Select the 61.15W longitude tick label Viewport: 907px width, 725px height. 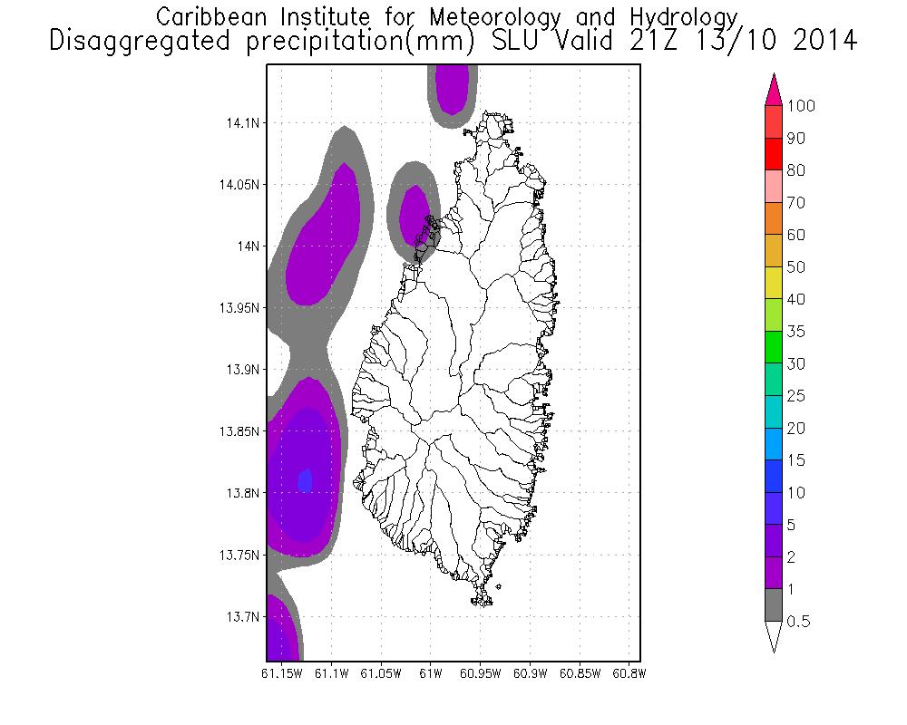tap(279, 674)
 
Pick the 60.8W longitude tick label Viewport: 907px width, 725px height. tap(629, 674)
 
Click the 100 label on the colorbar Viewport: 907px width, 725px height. tap(802, 106)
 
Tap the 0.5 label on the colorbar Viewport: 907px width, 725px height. tap(799, 622)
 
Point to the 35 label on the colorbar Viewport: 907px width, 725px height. tap(795, 332)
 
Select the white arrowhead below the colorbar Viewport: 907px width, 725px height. tap(774, 636)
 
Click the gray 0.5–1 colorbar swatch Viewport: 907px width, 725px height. tap(774, 605)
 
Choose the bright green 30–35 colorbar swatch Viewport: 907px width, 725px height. tap(774, 347)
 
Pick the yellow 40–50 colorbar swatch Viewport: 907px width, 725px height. tap(774, 283)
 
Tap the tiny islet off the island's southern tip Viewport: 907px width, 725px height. tap(499, 586)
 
